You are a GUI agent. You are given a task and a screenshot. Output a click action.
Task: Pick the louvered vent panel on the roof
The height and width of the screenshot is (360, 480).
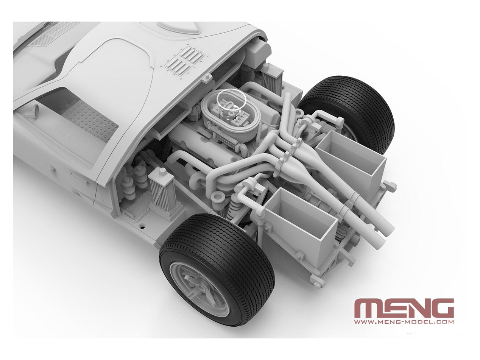(x=184, y=61)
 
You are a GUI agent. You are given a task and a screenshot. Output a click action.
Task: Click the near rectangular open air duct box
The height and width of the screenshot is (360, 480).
(x=301, y=225)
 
